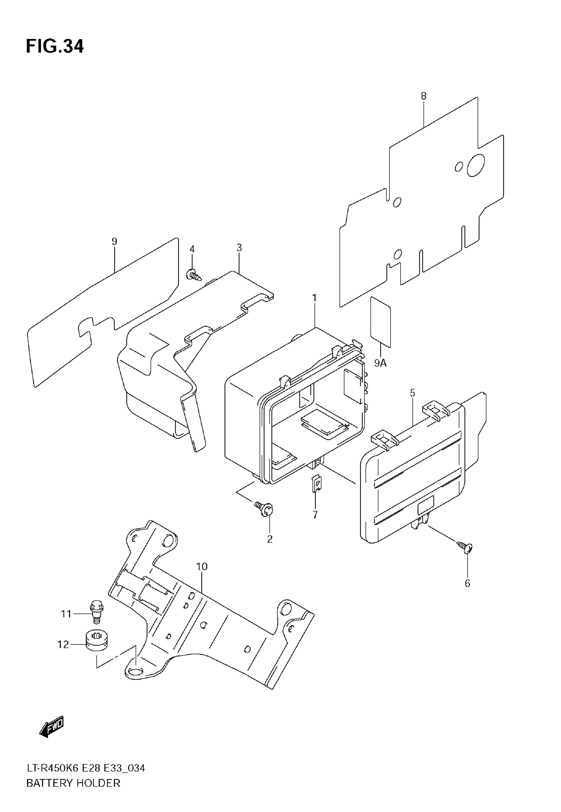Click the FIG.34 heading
pyautogui.click(x=55, y=47)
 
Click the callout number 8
pyautogui.click(x=424, y=96)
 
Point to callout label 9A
pyautogui.click(x=380, y=363)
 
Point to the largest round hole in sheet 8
pyautogui.click(x=476, y=165)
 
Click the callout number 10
pyautogui.click(x=202, y=567)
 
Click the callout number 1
pyautogui.click(x=314, y=298)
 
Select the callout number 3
pyautogui.click(x=239, y=248)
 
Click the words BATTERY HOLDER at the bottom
pyautogui.click(x=73, y=783)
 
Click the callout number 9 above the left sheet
pyautogui.click(x=114, y=241)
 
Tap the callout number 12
pyautogui.click(x=63, y=644)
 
